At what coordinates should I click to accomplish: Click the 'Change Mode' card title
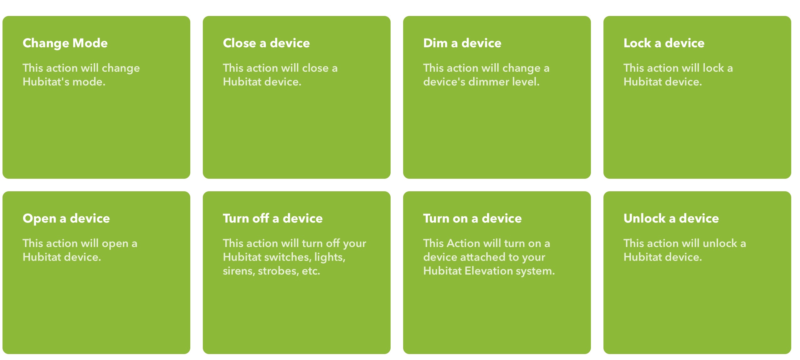click(x=65, y=43)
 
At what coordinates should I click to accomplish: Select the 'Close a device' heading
click(x=266, y=43)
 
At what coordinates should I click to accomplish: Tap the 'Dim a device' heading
click(x=462, y=43)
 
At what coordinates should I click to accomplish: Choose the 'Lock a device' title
click(x=664, y=43)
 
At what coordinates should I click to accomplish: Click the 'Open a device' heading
click(x=66, y=219)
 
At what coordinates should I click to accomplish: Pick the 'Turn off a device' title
click(x=273, y=218)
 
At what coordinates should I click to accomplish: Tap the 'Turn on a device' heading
click(x=472, y=218)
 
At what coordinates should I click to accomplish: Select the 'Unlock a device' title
click(x=671, y=218)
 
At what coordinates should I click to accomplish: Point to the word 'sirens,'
click(x=239, y=271)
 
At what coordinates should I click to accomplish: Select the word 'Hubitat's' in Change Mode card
click(x=46, y=82)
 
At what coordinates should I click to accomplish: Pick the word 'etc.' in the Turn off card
click(x=311, y=271)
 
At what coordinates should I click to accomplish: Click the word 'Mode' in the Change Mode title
click(x=90, y=43)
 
